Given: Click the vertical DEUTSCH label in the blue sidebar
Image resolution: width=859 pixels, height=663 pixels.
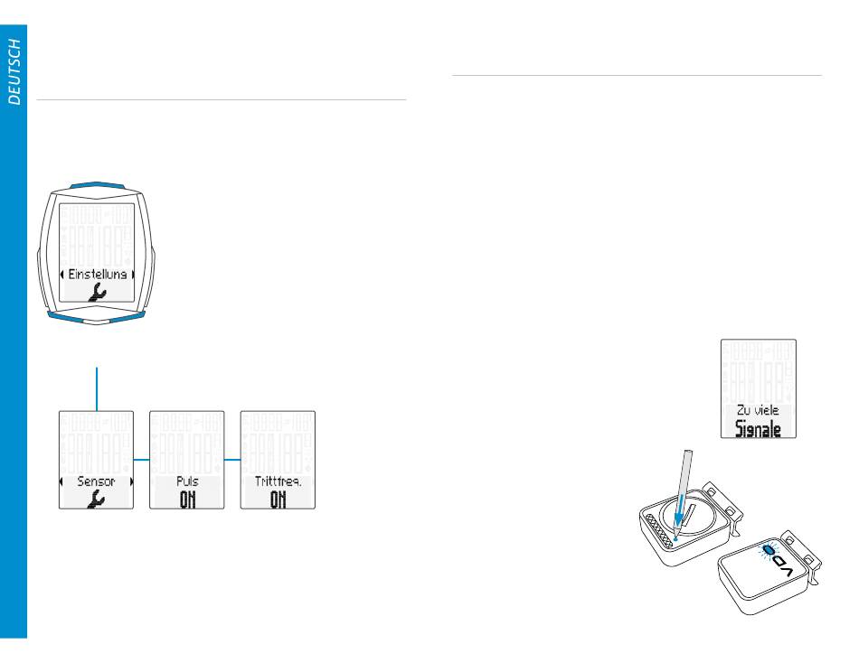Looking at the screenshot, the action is pos(14,73).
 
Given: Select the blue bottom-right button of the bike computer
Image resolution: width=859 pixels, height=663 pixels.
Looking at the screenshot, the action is pos(126,315).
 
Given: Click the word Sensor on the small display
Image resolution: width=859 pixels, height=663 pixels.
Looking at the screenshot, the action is pos(96,481).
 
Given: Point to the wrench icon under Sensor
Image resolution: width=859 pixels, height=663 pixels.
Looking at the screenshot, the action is pos(96,500).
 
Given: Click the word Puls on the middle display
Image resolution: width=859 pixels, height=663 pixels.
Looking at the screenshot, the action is pos(187,481).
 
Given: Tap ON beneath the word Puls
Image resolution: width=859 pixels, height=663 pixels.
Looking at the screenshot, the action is pos(187,500).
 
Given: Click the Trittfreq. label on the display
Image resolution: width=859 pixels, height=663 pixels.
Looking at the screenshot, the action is pos(278,481).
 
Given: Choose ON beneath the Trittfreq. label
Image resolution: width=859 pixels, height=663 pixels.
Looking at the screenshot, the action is pos(278,500).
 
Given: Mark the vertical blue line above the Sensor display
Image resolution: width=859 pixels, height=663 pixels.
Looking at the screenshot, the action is pos(96,388).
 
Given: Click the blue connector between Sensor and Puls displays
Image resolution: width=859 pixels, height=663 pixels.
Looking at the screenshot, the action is pos(141,459).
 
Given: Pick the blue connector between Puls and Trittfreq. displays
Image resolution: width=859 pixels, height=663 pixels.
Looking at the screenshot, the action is pos(232,459).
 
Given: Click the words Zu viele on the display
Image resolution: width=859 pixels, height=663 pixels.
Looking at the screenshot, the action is pos(758,409).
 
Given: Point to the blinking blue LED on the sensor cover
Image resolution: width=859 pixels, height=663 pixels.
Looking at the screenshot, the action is pos(768,550).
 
